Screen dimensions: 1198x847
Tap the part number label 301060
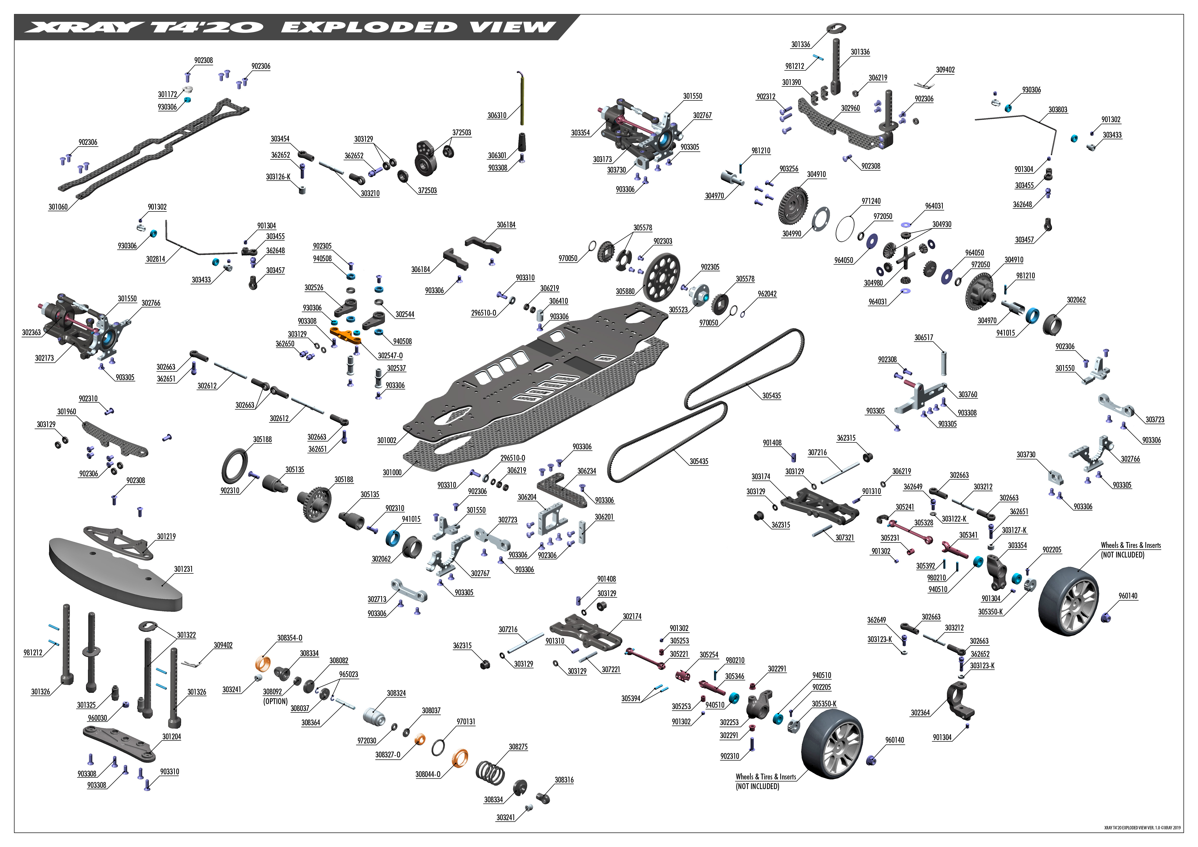coord(58,207)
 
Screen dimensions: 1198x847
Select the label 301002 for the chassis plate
coord(387,441)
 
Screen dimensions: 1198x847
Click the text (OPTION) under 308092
coord(276,701)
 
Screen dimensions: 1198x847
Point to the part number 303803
coord(1058,110)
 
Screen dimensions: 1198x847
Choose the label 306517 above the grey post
coord(923,338)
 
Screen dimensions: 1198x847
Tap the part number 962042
coord(767,294)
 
